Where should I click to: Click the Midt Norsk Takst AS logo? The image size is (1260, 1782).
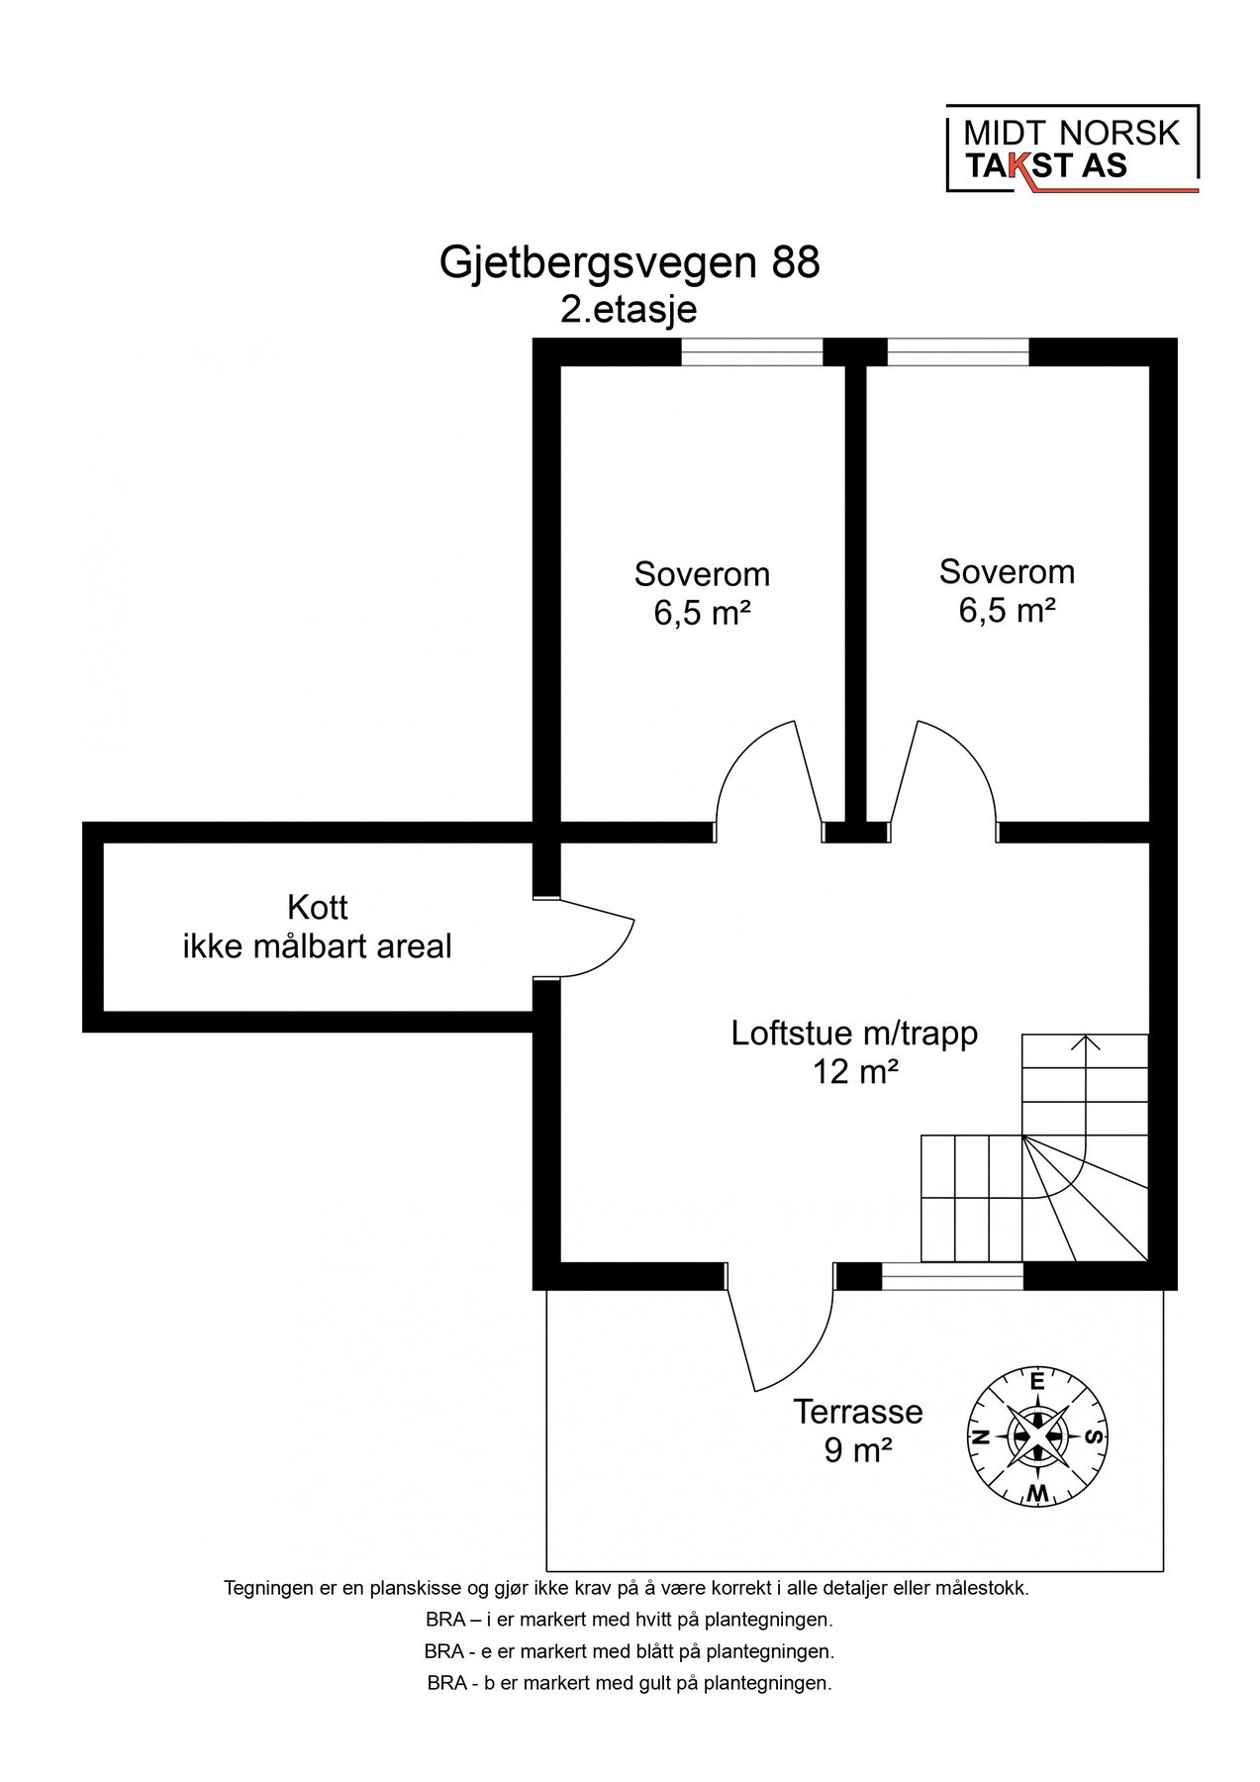click(x=1072, y=148)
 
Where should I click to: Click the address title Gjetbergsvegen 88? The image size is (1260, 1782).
click(x=630, y=263)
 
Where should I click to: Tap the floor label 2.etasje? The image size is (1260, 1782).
click(x=629, y=309)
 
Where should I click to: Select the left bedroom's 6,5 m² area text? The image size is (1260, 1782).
click(x=701, y=613)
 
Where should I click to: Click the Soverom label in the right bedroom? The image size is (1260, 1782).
click(x=1007, y=571)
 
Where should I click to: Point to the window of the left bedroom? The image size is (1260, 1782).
click(x=752, y=352)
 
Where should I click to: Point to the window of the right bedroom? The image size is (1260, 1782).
click(x=957, y=352)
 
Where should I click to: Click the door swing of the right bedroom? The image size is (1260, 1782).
click(x=945, y=777)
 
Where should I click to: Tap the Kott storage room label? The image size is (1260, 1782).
click(x=318, y=907)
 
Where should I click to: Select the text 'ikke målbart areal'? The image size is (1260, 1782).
click(x=318, y=946)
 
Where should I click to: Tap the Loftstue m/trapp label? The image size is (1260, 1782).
click(x=854, y=1033)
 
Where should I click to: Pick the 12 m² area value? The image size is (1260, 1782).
click(x=855, y=1071)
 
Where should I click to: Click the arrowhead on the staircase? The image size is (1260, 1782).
click(x=1086, y=1040)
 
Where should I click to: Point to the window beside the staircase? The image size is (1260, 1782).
click(x=951, y=1277)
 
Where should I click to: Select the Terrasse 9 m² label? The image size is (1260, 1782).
click(x=857, y=1430)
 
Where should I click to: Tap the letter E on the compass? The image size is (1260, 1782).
click(x=1036, y=1381)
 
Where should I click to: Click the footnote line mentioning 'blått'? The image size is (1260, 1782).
click(x=630, y=1651)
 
